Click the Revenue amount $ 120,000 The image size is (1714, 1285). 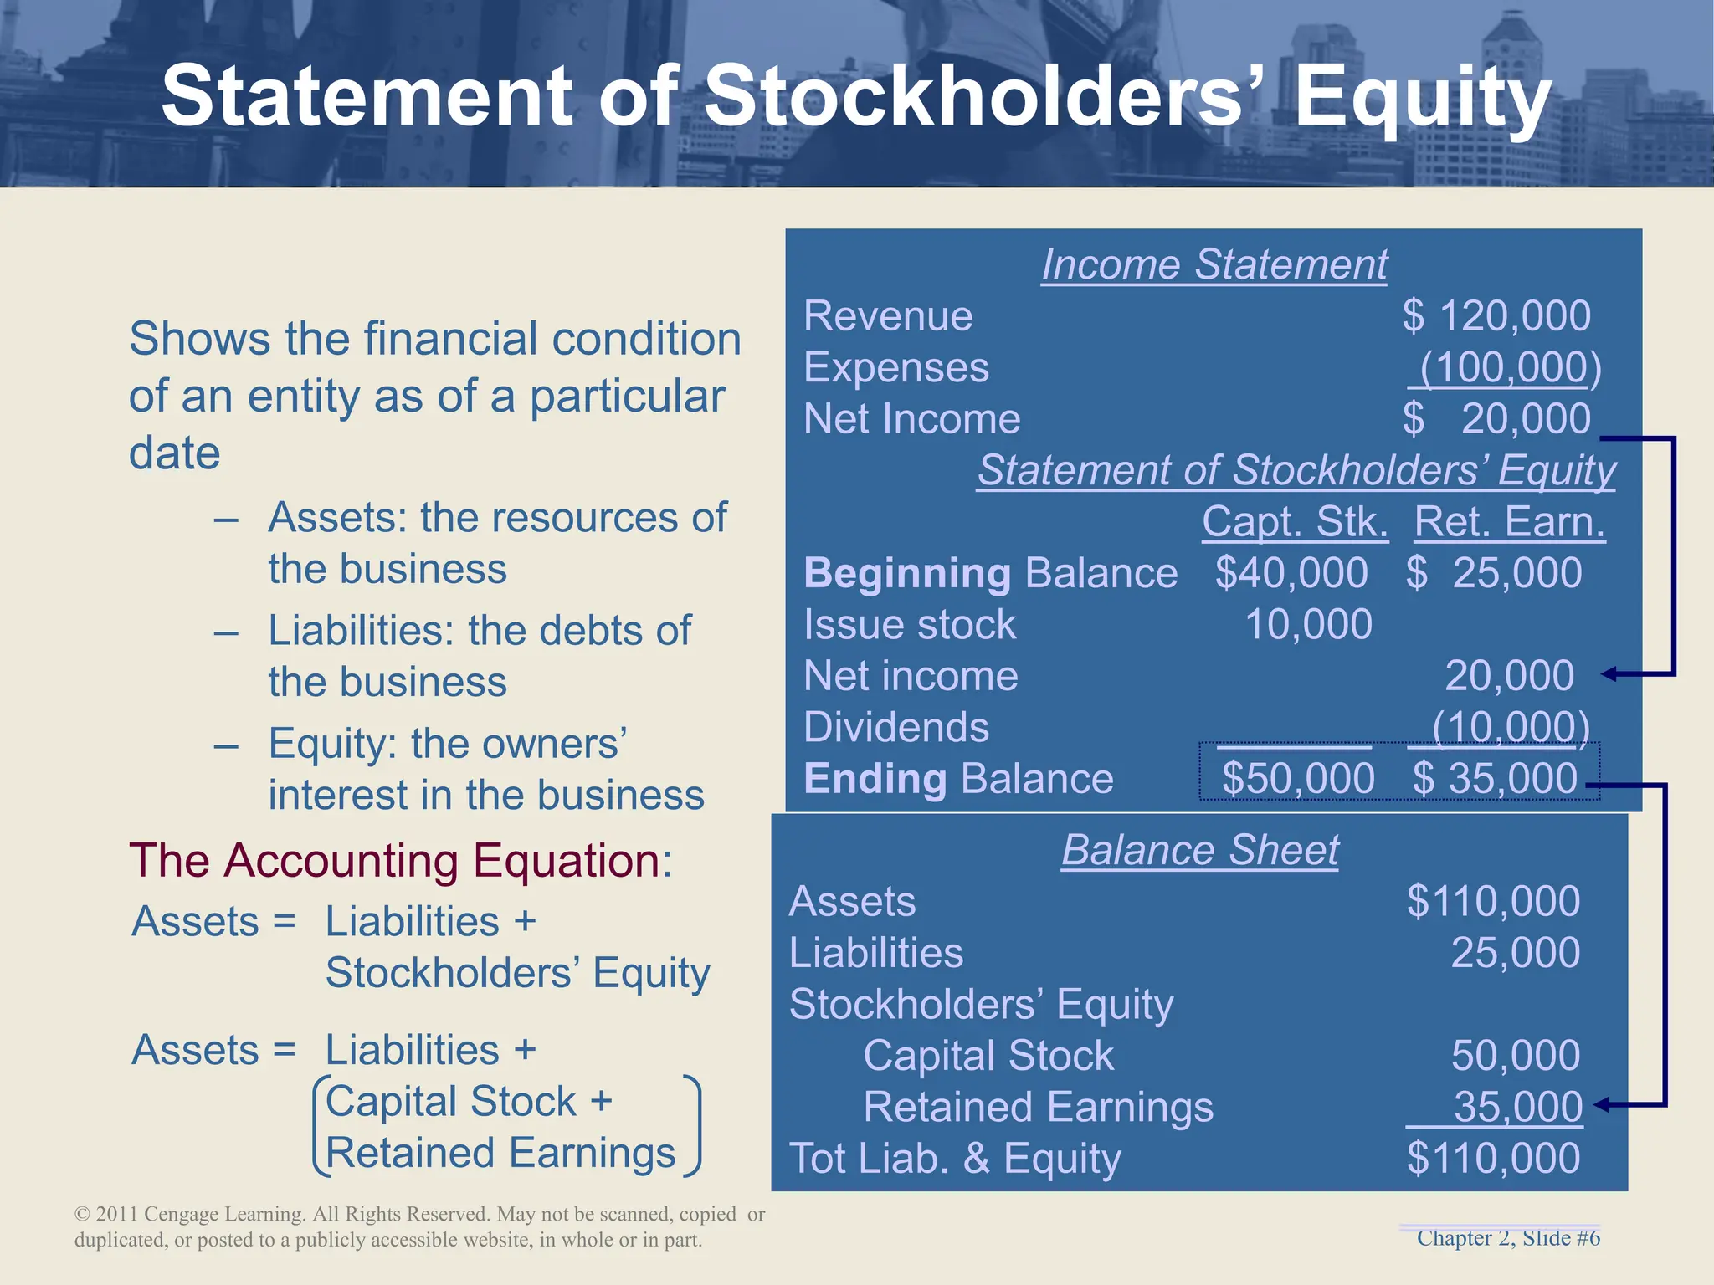(1496, 316)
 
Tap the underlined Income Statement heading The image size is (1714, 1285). (1214, 265)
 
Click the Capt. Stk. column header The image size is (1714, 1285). (1295, 522)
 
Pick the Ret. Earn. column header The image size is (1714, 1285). (1509, 522)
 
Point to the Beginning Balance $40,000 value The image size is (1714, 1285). (1291, 574)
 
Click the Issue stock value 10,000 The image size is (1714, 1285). (1308, 625)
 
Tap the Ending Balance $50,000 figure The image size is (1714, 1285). (1298, 779)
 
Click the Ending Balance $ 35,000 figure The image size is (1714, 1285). (1495, 779)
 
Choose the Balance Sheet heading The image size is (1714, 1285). (1200, 851)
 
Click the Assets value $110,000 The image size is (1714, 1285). (1493, 902)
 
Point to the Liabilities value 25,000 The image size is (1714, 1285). (1515, 953)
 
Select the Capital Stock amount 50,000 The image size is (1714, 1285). (1515, 1056)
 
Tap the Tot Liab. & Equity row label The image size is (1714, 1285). (955, 1159)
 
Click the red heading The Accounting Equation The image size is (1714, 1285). (400, 861)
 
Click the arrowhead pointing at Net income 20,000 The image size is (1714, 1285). (1609, 674)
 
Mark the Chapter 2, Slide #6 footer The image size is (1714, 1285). (1508, 1238)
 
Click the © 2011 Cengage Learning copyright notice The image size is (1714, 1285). (419, 1226)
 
